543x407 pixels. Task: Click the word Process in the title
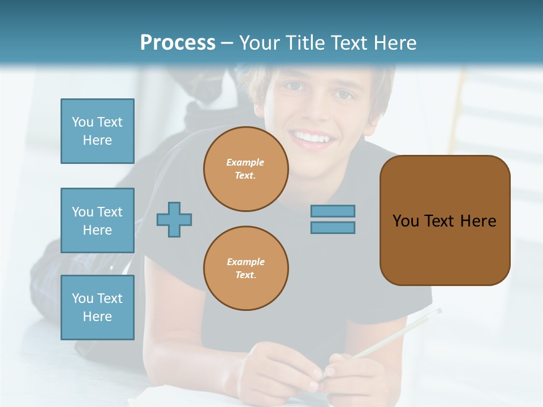point(178,42)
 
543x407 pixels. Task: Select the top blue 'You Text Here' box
point(97,131)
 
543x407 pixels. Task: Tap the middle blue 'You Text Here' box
point(97,220)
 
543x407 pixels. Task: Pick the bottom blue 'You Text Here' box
point(97,308)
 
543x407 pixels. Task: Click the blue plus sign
point(174,219)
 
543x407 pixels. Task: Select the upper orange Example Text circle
point(245,169)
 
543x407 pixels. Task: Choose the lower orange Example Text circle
point(245,269)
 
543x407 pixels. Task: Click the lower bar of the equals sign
point(333,228)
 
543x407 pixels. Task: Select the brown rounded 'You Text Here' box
point(445,220)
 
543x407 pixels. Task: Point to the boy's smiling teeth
point(313,137)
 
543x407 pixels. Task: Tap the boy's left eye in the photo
point(343,94)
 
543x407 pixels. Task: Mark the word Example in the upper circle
point(245,162)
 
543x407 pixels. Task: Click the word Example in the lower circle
point(245,262)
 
